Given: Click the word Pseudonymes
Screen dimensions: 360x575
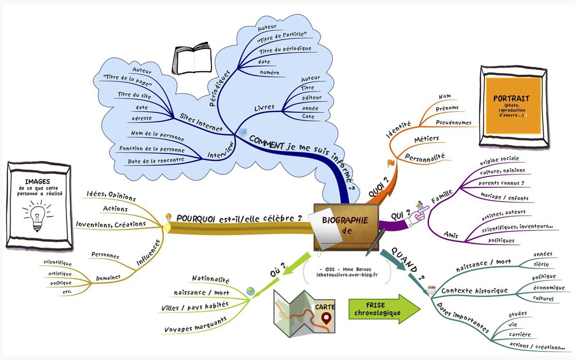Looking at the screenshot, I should pos(454,123).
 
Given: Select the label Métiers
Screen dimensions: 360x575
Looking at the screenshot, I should pos(426,139).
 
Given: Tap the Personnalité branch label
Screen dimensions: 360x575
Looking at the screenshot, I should pos(424,156).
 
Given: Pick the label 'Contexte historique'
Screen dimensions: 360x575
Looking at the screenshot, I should pos(468,290).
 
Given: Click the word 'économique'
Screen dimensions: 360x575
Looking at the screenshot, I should pos(548,288).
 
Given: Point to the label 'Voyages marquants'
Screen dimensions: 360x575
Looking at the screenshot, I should pos(195,324).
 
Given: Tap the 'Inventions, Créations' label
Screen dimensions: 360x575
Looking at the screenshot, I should pos(111,224).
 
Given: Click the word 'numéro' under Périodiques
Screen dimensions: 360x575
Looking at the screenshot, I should pos(270,73).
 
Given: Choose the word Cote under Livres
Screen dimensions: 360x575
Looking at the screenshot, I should pos(308,117).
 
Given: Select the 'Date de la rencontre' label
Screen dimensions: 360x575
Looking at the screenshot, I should pos(156,161).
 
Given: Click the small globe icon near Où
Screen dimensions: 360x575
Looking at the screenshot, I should pos(251,291).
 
